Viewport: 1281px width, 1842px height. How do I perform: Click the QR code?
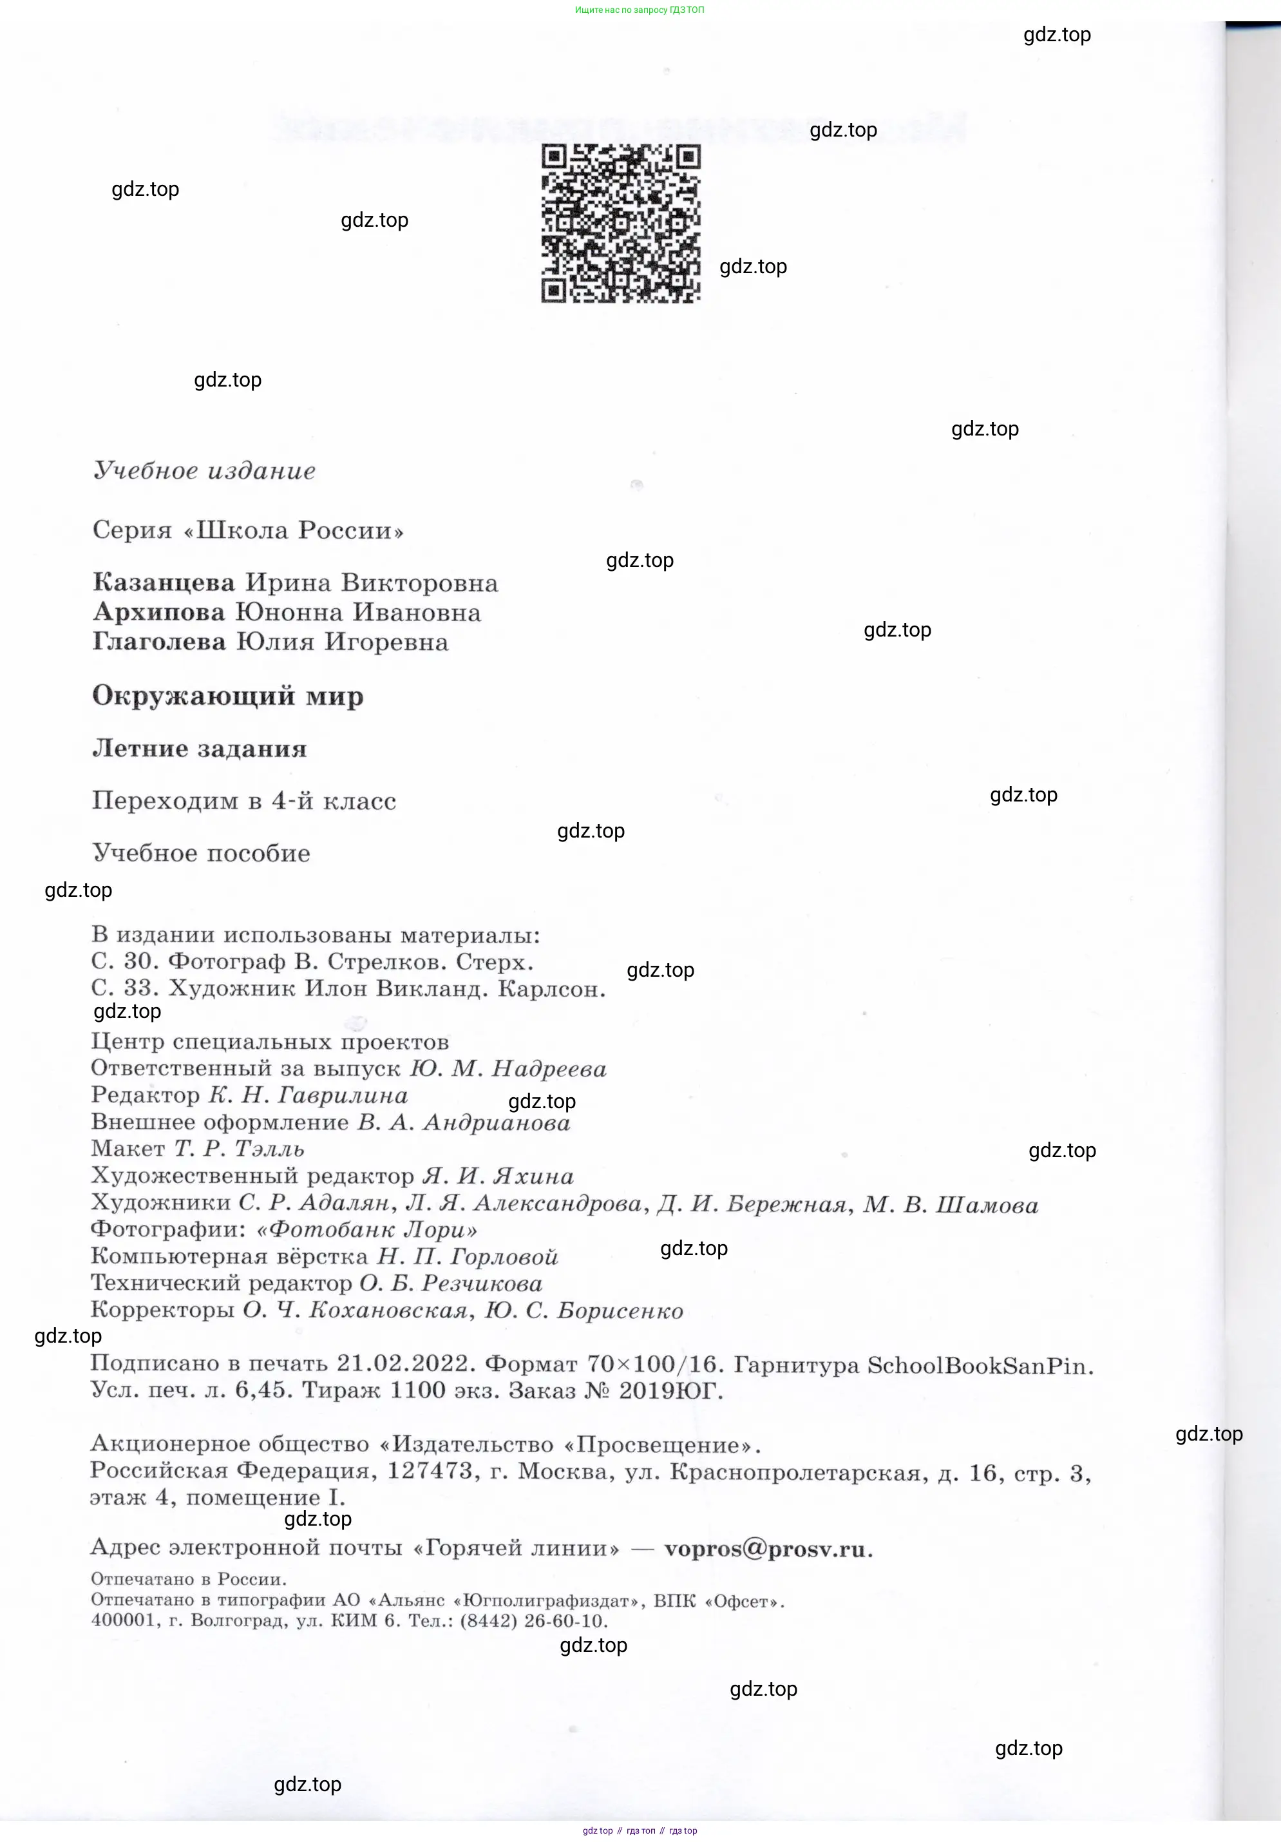(x=620, y=223)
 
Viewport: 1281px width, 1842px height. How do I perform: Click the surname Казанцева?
(x=164, y=582)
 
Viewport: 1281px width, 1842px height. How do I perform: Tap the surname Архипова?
(x=159, y=612)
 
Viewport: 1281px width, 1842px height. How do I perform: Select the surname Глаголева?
(x=159, y=642)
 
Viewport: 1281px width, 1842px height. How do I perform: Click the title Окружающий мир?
(x=228, y=696)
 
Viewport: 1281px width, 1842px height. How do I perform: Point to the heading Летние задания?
(x=200, y=749)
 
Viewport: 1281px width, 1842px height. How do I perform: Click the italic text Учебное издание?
(x=205, y=470)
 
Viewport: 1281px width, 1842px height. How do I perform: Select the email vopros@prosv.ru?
(x=767, y=1548)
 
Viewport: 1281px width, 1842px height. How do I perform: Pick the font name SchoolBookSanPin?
(x=980, y=1365)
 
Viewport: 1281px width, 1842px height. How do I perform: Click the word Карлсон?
(x=550, y=988)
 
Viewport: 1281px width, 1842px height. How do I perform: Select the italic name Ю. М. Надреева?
(x=508, y=1069)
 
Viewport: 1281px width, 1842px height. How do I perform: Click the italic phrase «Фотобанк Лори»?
(x=366, y=1230)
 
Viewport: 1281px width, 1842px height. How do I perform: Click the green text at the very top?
(x=640, y=10)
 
